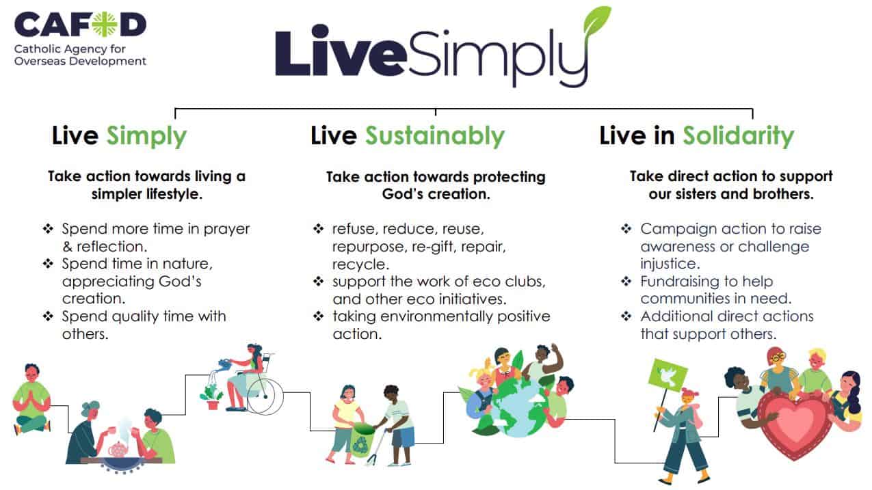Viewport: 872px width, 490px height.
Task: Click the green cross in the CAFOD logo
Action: pyautogui.click(x=105, y=24)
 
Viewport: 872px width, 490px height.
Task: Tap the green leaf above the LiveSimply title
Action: pyautogui.click(x=596, y=21)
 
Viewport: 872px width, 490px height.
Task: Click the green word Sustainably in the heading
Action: pyautogui.click(x=435, y=137)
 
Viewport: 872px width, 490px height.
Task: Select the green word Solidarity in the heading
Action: pyautogui.click(x=739, y=137)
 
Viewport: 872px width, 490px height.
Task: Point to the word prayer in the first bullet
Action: pyautogui.click(x=226, y=230)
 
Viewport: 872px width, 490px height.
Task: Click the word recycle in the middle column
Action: pyautogui.click(x=360, y=264)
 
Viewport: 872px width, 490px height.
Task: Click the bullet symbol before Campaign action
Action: pyautogui.click(x=626, y=228)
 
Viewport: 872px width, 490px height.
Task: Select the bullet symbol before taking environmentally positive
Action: pyautogui.click(x=319, y=316)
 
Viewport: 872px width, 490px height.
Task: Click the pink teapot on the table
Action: pyautogui.click(x=118, y=450)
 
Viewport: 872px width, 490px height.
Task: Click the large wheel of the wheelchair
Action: pyautogui.click(x=265, y=396)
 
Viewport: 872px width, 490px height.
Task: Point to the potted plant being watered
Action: pyautogui.click(x=212, y=397)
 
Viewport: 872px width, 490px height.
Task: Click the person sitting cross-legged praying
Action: pyautogui.click(x=31, y=399)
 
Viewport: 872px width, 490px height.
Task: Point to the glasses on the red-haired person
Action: pyautogui.click(x=778, y=357)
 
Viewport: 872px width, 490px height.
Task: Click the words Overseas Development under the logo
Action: pyautogui.click(x=80, y=62)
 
